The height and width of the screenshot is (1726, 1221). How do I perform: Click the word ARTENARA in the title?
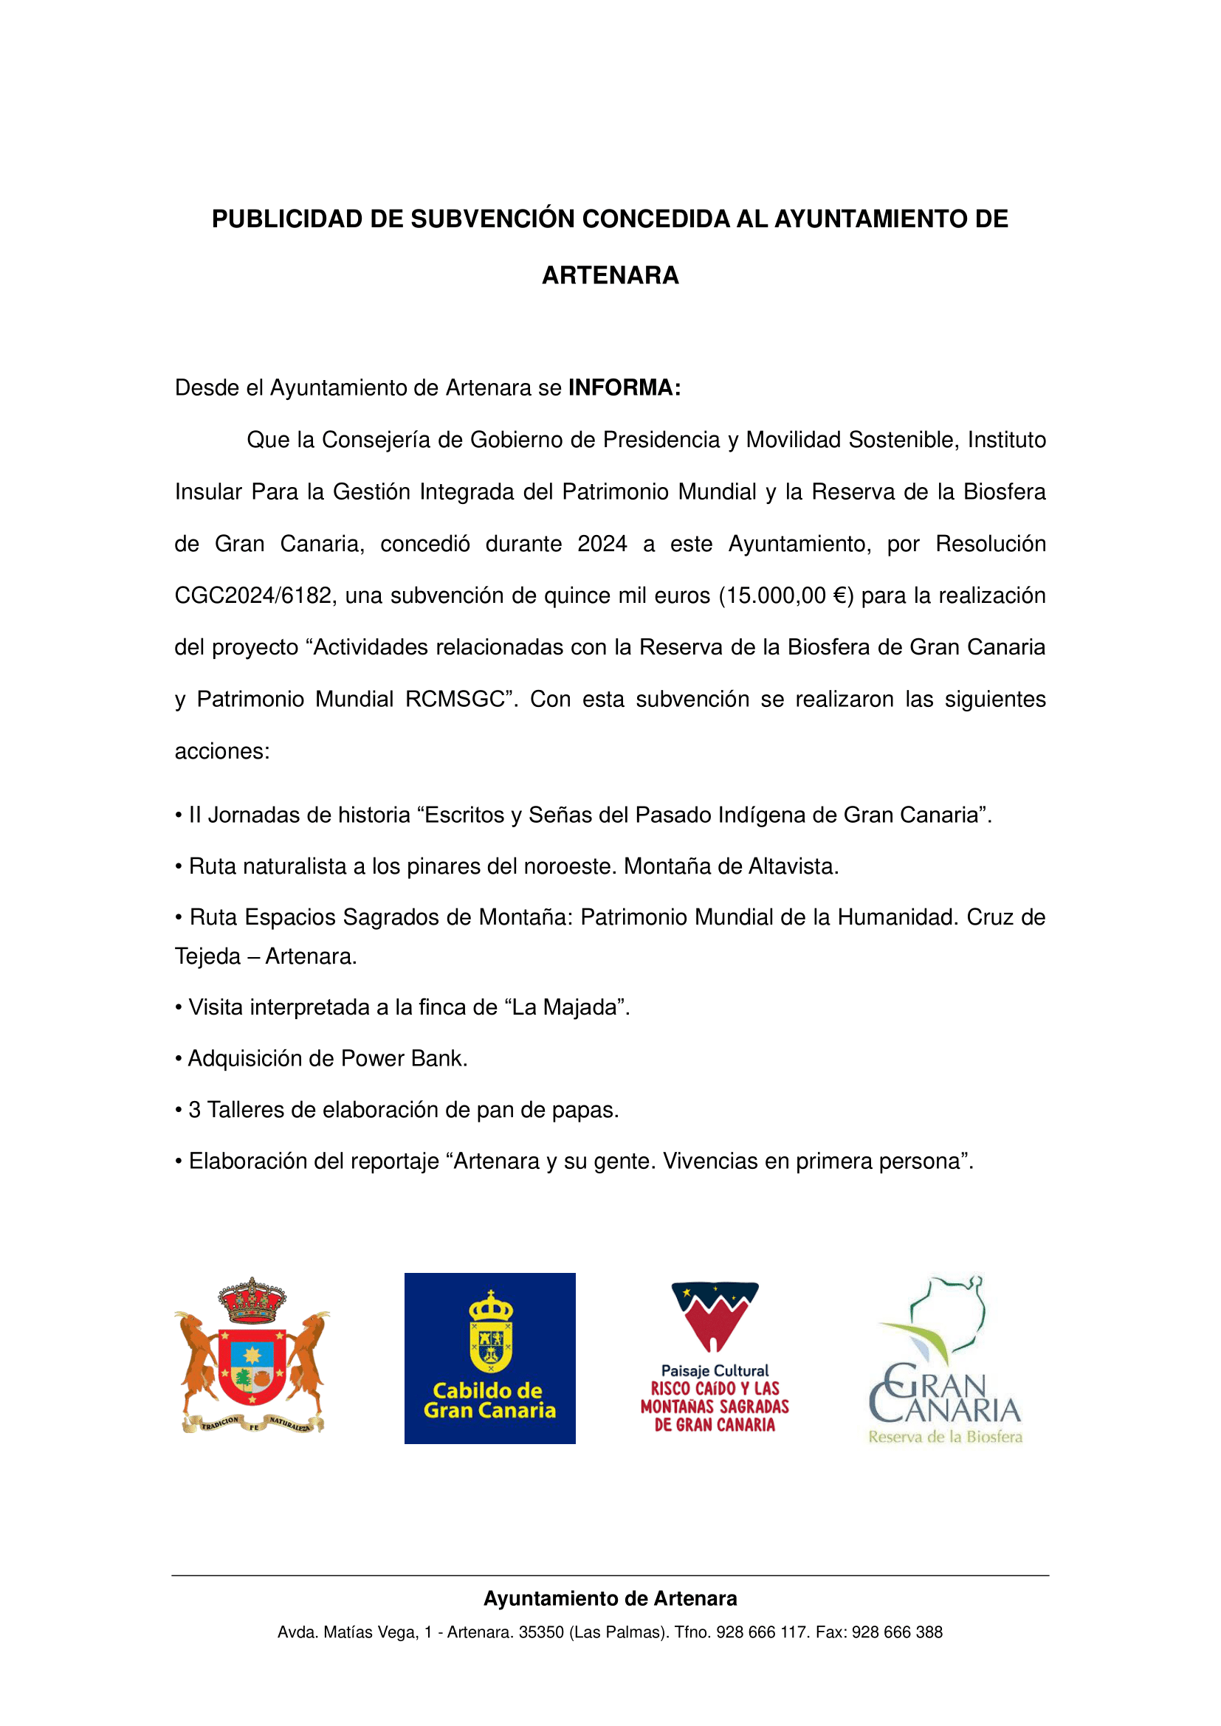pyautogui.click(x=610, y=276)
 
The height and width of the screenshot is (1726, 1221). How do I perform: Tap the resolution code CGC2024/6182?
pyautogui.click(x=252, y=596)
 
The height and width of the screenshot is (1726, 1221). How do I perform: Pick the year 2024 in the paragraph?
pyautogui.click(x=602, y=544)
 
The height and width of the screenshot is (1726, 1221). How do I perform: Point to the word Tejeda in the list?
pyautogui.click(x=207, y=956)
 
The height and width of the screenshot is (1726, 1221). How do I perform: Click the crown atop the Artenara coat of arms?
pyautogui.click(x=252, y=1299)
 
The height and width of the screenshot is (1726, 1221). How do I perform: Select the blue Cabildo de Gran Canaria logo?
pyautogui.click(x=489, y=1358)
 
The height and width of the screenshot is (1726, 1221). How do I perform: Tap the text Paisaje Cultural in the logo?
pyautogui.click(x=715, y=1370)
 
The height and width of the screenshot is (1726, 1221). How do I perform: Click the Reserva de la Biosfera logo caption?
pyautogui.click(x=945, y=1437)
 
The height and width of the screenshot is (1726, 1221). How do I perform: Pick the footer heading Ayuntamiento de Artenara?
pyautogui.click(x=610, y=1599)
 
